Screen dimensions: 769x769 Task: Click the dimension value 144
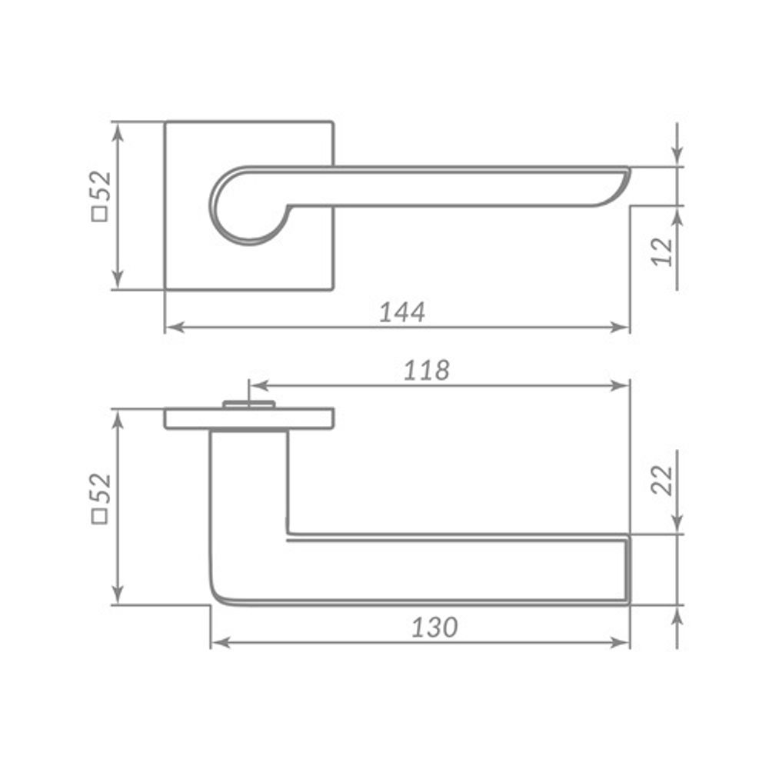click(x=402, y=311)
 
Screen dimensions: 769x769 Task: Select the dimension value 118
click(x=426, y=371)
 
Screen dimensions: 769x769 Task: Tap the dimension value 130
click(x=434, y=627)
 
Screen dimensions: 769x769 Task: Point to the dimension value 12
click(x=663, y=251)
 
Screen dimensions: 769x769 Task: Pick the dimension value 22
click(x=663, y=480)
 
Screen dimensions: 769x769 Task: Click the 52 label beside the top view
click(x=101, y=186)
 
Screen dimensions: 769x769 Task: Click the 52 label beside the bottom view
click(x=101, y=488)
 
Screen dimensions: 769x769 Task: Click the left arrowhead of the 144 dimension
click(x=175, y=327)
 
